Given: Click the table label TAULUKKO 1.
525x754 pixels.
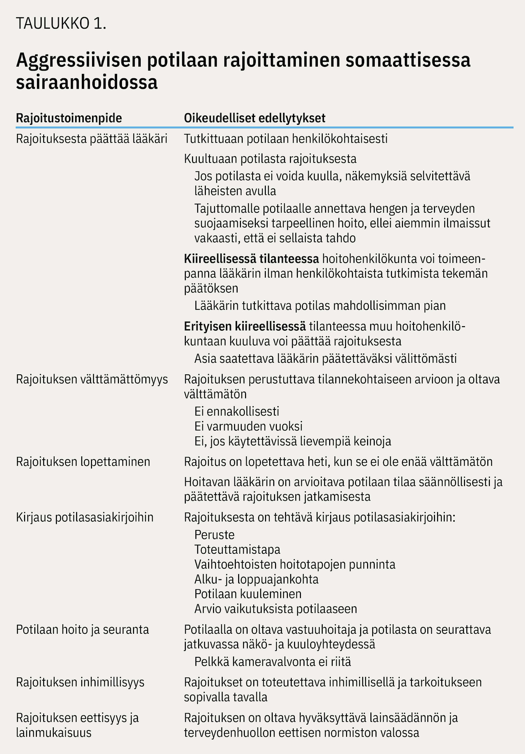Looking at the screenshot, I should click(x=61, y=24).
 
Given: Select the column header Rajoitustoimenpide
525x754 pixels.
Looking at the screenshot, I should click(x=69, y=118).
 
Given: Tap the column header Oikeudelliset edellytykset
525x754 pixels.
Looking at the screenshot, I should click(x=255, y=118).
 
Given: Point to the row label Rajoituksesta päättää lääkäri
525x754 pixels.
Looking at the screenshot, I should click(x=92, y=139).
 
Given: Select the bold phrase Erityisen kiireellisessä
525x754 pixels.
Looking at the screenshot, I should click(x=245, y=326).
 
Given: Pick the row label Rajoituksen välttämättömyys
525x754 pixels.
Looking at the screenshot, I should click(x=92, y=379).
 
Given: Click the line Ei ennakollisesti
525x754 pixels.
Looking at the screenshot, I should click(x=237, y=411).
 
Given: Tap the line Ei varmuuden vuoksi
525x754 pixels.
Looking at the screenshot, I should click(x=248, y=426).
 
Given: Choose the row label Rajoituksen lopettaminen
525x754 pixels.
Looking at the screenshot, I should click(x=83, y=462).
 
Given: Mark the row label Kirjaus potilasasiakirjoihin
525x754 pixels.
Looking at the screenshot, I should click(x=85, y=517).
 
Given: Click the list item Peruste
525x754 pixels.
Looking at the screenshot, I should click(x=214, y=535).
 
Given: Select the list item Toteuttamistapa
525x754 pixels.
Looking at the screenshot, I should click(x=237, y=549).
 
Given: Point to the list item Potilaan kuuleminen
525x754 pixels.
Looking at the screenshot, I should click(x=248, y=594).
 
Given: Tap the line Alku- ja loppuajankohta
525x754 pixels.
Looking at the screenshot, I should click(x=256, y=579).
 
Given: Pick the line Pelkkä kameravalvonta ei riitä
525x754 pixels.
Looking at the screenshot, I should click(x=272, y=661).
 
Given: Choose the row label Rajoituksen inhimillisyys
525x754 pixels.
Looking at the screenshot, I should click(x=80, y=682).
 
